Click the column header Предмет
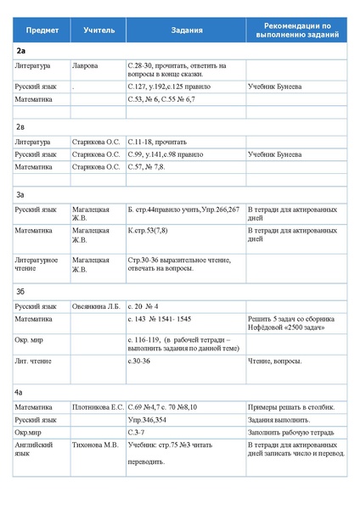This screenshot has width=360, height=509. (x=42, y=31)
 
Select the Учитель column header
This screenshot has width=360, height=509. (x=98, y=31)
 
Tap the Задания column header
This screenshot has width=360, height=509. (x=186, y=31)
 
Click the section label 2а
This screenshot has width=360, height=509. (x=20, y=52)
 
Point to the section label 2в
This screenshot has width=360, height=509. (x=20, y=126)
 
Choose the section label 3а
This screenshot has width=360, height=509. (x=20, y=194)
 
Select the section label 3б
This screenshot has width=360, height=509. (x=20, y=291)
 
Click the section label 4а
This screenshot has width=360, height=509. (x=20, y=393)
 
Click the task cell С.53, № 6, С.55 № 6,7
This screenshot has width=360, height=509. (x=161, y=99)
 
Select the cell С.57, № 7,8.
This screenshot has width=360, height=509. (x=149, y=167)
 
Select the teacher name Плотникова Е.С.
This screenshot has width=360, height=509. (x=98, y=408)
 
